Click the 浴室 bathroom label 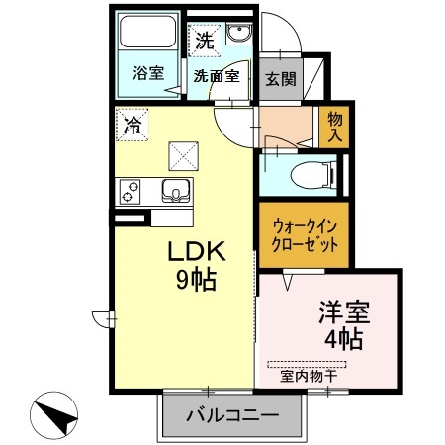[149, 74]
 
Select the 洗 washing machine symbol [203, 43]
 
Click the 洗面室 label [216, 75]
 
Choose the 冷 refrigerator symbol [132, 124]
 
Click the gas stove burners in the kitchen [132, 190]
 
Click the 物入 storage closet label [335, 126]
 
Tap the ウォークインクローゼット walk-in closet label [304, 234]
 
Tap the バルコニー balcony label [231, 416]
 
